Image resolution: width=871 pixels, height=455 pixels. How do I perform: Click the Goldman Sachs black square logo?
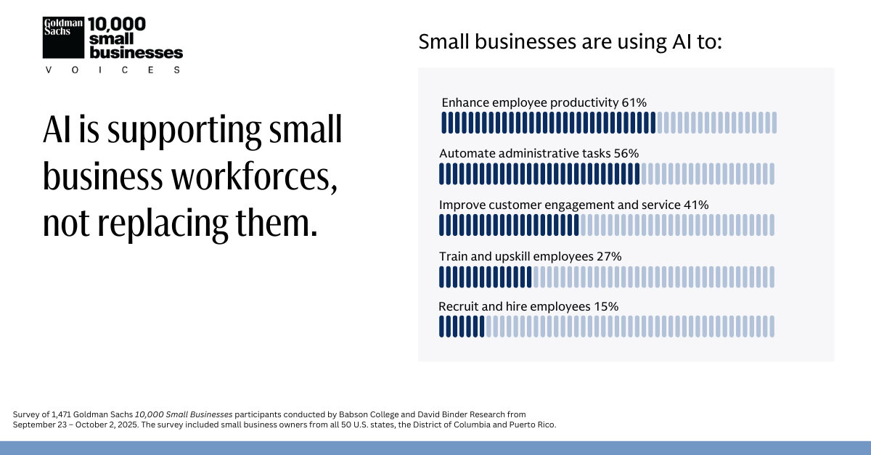pos(64,37)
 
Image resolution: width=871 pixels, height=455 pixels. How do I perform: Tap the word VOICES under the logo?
pos(113,70)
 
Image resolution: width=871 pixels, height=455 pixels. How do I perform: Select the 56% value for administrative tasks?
pos(626,153)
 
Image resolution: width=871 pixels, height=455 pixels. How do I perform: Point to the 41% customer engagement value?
pos(695,205)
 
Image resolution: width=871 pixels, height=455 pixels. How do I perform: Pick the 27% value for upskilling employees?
pos(608,256)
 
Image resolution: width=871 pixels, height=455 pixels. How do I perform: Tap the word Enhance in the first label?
pos(465,102)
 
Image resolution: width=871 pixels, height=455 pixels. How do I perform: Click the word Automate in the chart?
pos(467,153)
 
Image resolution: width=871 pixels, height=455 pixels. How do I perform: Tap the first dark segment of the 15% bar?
pos(441,327)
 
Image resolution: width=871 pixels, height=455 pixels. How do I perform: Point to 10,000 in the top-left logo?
pos(117,24)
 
